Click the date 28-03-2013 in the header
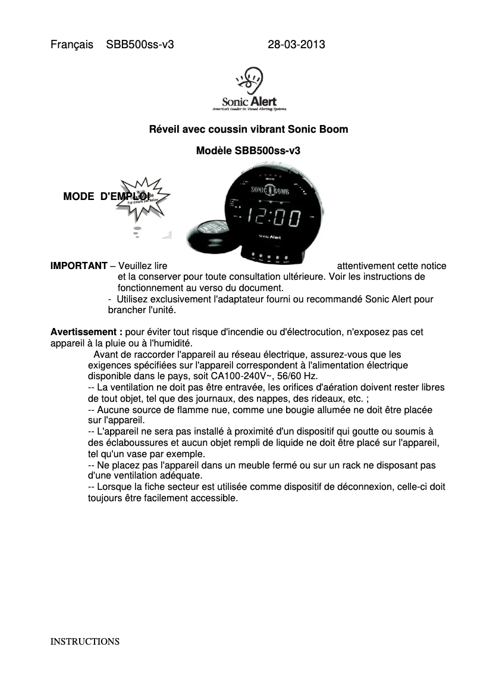[x=296, y=45]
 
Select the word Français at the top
[x=72, y=45]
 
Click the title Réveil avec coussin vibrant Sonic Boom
[x=248, y=129]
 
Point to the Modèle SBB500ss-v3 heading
[x=248, y=151]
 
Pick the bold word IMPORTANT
[x=79, y=265]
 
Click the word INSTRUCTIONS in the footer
[x=85, y=642]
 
